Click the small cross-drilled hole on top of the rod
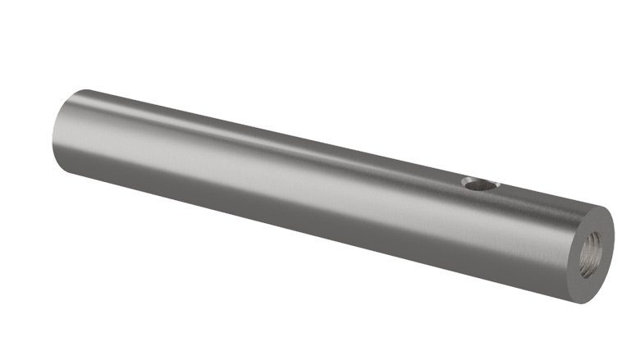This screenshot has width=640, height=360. click(x=479, y=185)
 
